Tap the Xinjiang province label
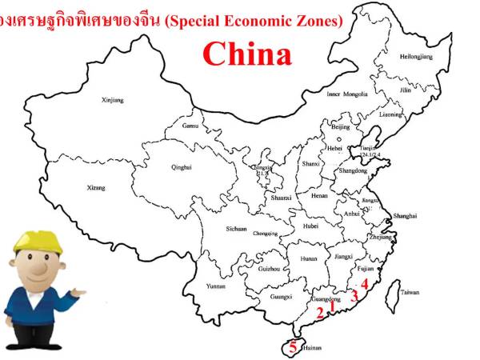coord(113,101)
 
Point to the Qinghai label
coord(182,167)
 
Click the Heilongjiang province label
coord(415,57)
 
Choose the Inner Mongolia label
coord(347,94)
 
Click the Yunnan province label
coord(216,286)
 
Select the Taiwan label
coord(410,292)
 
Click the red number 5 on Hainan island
coord(293,346)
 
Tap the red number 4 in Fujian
coord(364,283)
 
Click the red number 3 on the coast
coord(353,296)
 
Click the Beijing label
coord(341,127)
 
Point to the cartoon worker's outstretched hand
coord(79,293)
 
